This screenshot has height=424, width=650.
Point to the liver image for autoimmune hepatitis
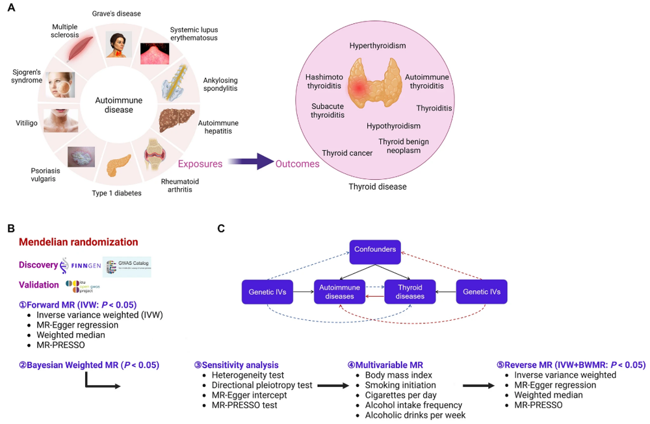[176, 119]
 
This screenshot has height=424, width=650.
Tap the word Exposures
[200, 164]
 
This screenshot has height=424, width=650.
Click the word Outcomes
[298, 164]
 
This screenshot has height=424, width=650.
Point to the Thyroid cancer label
[347, 153]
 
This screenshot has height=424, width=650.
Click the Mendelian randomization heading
[79, 242]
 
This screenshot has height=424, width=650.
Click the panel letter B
[10, 229]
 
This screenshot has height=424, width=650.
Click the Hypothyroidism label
[393, 126]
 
